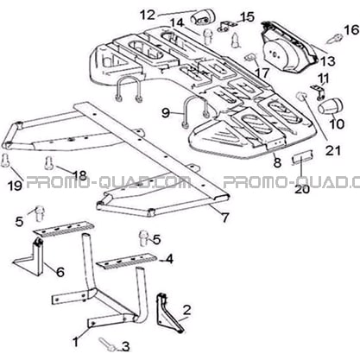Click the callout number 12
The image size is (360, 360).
148,15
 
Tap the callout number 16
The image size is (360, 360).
351,30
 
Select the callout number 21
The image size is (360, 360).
333,150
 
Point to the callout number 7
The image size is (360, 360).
224,217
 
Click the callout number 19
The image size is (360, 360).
16,186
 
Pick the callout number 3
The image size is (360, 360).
125,347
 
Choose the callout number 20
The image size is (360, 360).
302,189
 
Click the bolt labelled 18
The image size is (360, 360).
49,163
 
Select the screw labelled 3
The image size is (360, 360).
107,344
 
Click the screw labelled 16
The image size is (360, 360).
335,39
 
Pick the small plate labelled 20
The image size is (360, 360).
301,158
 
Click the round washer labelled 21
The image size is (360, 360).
301,97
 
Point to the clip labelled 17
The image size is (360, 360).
250,57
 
